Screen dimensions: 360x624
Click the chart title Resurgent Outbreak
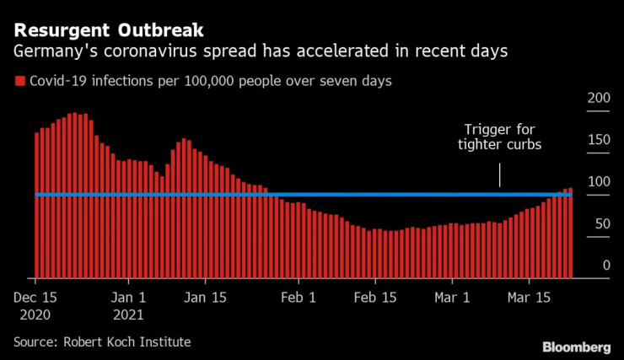click(x=108, y=31)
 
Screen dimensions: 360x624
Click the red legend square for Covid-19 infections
click(x=19, y=82)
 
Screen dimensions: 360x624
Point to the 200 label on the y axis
click(x=598, y=99)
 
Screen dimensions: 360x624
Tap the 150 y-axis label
click(x=598, y=140)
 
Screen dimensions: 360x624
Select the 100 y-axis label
click(x=598, y=182)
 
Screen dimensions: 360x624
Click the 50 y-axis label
click(x=600, y=224)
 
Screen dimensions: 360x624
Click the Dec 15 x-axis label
click(x=35, y=298)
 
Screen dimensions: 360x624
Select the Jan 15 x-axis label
click(x=207, y=298)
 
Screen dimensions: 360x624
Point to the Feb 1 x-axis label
click(x=298, y=298)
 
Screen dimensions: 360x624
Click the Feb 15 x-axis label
click(x=375, y=298)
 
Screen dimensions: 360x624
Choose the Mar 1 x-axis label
click(x=453, y=298)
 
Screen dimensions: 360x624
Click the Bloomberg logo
click(x=576, y=347)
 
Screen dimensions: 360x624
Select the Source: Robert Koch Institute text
click(x=102, y=341)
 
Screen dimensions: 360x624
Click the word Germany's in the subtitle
click(x=48, y=52)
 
